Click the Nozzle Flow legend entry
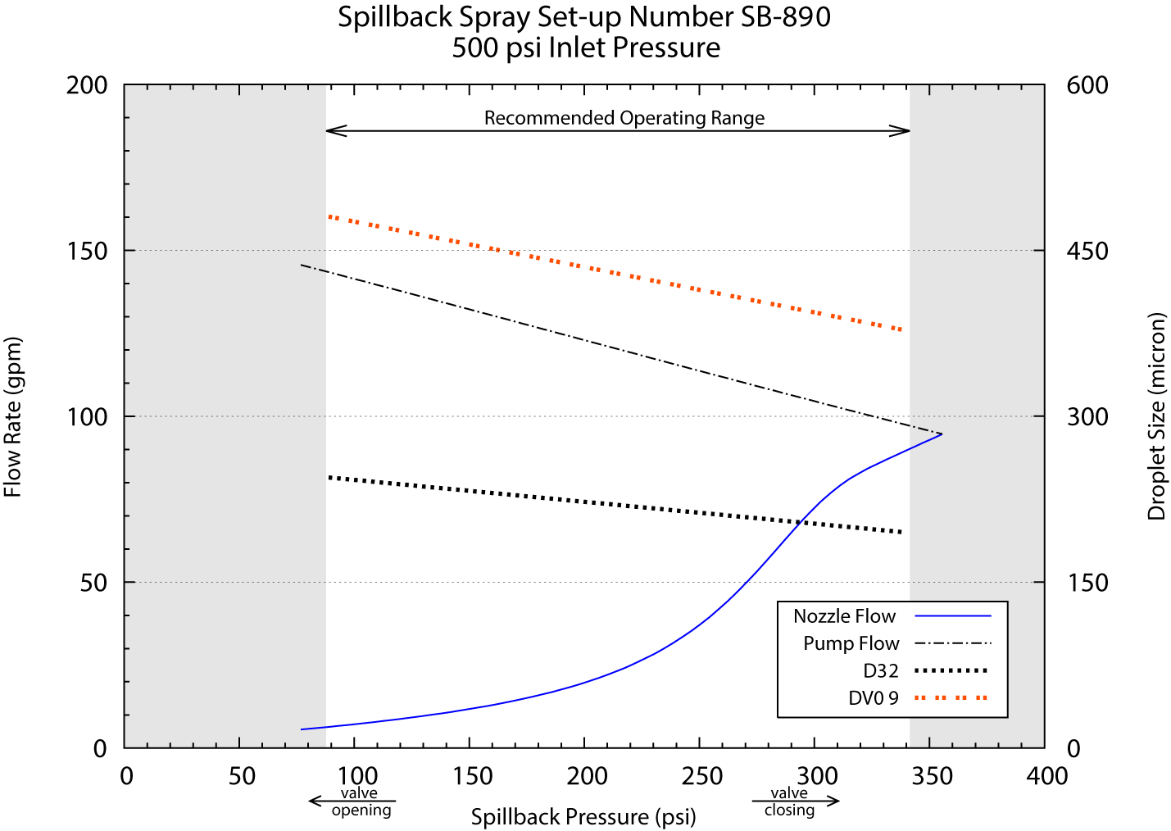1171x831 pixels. coord(844,616)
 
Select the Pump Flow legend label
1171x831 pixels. coord(851,643)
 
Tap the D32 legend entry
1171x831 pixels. coord(881,671)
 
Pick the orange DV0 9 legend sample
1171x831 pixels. coord(951,698)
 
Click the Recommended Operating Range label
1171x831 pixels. coord(624,118)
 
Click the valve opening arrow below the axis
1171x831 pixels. coord(352,801)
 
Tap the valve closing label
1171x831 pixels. coord(789,801)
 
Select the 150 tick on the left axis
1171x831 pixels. coord(87,251)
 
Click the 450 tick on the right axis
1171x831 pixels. coord(1087,251)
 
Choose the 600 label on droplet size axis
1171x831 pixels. coord(1087,85)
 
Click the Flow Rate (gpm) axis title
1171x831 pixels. coord(13,417)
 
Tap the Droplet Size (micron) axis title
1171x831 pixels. coord(1156,415)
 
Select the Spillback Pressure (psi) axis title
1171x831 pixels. coord(583,817)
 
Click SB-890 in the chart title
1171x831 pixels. coord(785,17)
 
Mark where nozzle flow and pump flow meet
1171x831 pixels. coord(941,434)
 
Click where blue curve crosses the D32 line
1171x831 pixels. coord(800,522)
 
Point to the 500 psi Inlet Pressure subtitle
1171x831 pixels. coord(586,48)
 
